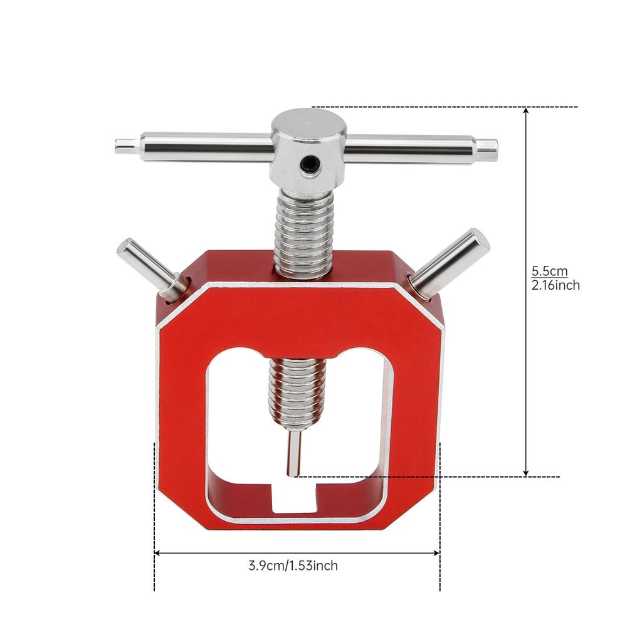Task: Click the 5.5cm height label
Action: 549,271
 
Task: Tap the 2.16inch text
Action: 555,285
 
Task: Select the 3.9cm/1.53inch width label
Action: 293,566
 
